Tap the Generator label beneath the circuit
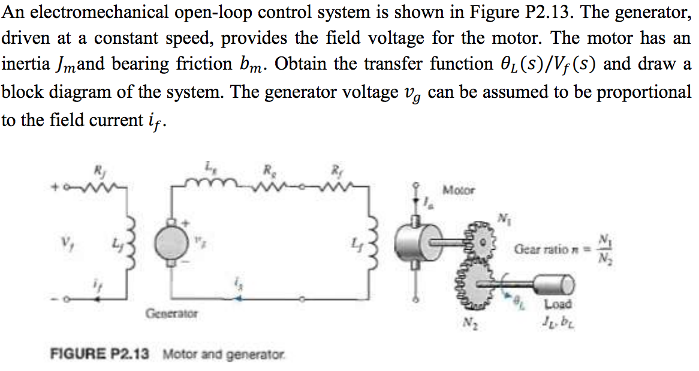pyautogui.click(x=171, y=313)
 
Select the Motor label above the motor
pyautogui.click(x=458, y=190)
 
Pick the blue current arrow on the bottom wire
pyautogui.click(x=239, y=297)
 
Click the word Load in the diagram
pyautogui.click(x=557, y=304)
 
